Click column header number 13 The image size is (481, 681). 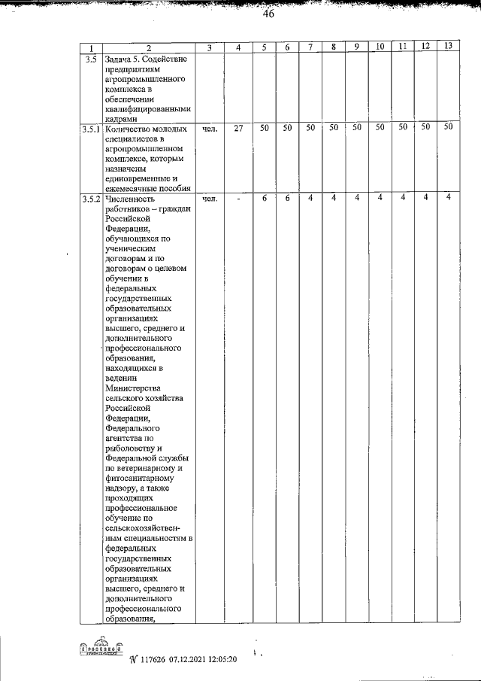coord(447,47)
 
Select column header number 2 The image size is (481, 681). coord(148,49)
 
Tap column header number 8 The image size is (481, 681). coord(332,47)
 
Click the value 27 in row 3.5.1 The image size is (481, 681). coord(237,129)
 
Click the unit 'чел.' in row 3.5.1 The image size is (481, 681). coord(210,129)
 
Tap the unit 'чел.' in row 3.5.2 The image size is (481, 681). coord(210,199)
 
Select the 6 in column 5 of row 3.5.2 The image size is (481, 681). coord(265,198)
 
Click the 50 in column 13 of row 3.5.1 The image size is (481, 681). coord(448,127)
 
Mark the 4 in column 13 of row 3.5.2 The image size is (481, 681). coord(448,197)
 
